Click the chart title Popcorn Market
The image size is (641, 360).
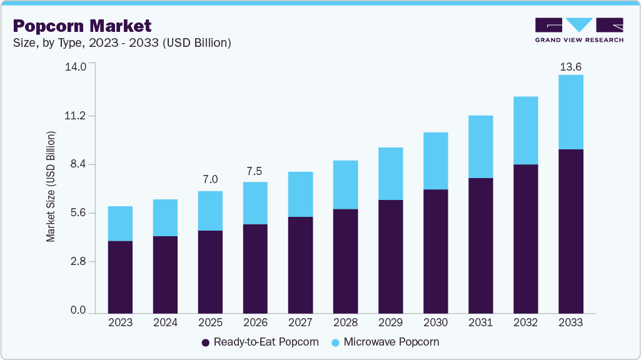(x=82, y=26)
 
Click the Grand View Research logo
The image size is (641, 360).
(x=578, y=30)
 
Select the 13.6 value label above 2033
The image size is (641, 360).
(x=570, y=66)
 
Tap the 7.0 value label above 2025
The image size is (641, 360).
(x=210, y=180)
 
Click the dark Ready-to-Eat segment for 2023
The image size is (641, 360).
(x=120, y=277)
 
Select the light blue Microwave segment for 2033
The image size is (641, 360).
(x=570, y=112)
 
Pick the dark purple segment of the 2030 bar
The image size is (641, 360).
(x=435, y=251)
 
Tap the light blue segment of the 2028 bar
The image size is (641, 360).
(x=345, y=184)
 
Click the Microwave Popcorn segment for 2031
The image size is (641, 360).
(x=480, y=147)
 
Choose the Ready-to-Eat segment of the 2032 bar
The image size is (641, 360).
(x=525, y=238)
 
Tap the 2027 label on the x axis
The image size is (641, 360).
(x=300, y=322)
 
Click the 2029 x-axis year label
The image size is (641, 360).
(x=390, y=322)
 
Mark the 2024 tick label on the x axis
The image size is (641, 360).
(x=165, y=322)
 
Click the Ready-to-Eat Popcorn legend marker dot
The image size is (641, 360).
(x=205, y=342)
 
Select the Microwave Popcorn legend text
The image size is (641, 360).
(x=391, y=342)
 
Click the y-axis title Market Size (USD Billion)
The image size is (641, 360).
(x=51, y=187)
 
